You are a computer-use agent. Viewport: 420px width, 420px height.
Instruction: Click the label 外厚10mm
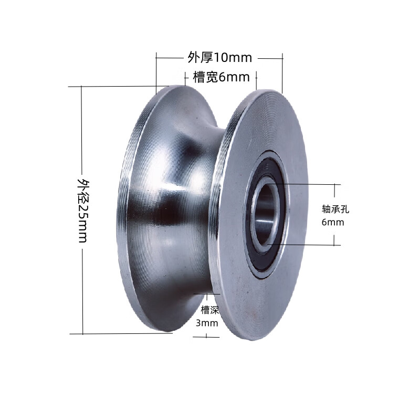(x=220, y=57)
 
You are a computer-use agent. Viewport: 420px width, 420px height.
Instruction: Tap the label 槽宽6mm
(x=220, y=78)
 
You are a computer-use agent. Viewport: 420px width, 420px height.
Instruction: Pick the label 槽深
(x=206, y=310)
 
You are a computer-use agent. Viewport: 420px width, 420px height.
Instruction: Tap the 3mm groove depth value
(x=206, y=323)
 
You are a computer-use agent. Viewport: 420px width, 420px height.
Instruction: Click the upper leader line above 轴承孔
(x=310, y=184)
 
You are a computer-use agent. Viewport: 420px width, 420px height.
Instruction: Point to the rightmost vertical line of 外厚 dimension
(x=282, y=73)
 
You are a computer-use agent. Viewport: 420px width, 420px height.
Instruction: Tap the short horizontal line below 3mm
(x=206, y=336)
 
